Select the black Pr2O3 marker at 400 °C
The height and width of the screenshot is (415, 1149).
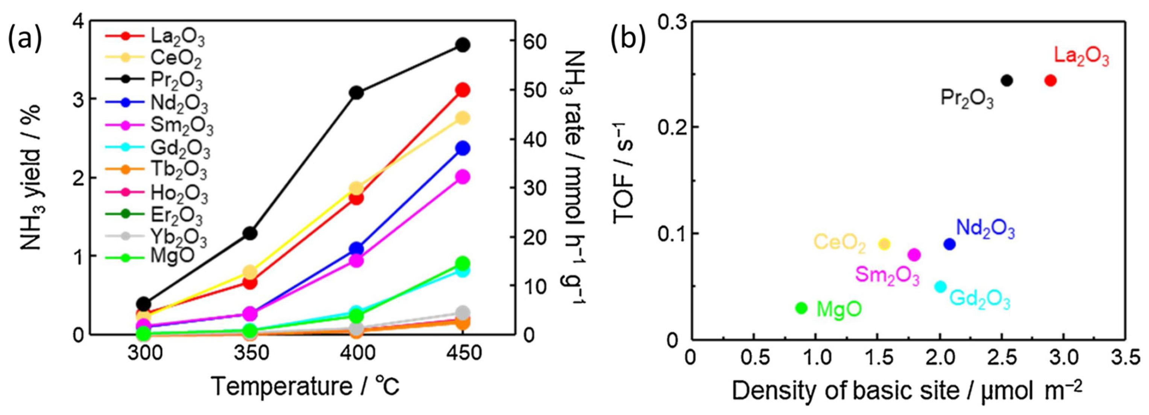357,93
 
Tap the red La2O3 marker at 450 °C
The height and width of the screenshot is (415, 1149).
463,90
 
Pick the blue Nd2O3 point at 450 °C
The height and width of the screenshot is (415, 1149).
463,148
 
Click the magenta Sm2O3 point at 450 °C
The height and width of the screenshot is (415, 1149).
463,177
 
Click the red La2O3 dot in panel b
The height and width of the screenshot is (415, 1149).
1050,81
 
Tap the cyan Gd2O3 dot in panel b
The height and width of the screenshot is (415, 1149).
940,286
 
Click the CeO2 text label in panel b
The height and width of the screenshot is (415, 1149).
839,244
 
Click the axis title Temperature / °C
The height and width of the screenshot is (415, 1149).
305,386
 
